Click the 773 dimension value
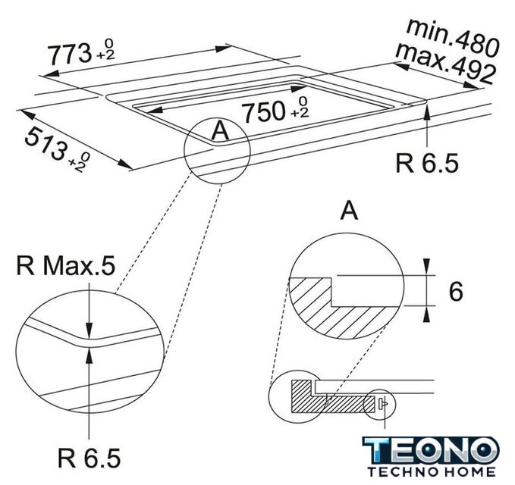coord(70,54)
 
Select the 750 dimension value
coord(262,111)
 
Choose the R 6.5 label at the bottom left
coord(89,458)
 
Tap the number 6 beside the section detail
coord(456,292)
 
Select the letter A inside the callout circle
coord(220,130)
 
